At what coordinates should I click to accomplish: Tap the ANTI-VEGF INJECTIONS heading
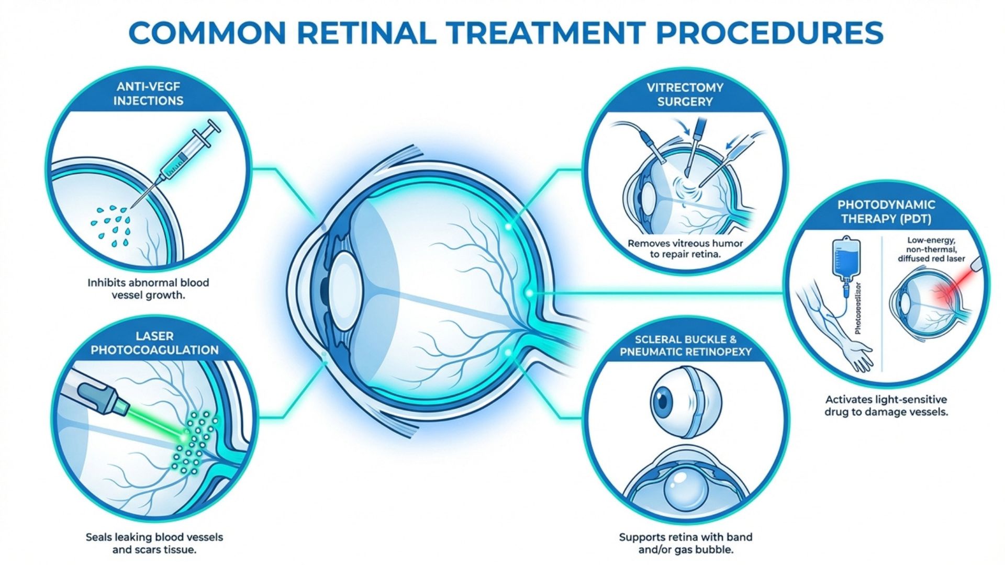(149, 94)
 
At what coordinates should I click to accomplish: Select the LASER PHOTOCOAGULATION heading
(155, 343)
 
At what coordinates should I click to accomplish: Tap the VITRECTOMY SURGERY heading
(685, 95)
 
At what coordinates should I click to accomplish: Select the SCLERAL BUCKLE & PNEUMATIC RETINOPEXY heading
(685, 346)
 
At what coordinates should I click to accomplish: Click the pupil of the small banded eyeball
(663, 401)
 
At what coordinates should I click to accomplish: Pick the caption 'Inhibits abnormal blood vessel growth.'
(148, 289)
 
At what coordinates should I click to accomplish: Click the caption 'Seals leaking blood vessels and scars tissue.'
(154, 543)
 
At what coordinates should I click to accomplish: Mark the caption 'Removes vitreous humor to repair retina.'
(685, 249)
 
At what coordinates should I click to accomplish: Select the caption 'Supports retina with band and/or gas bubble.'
(685, 543)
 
